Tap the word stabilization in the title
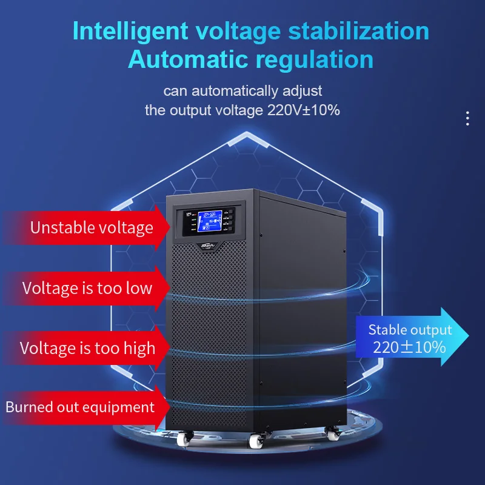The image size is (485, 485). [x=357, y=31]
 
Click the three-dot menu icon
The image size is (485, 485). [x=467, y=118]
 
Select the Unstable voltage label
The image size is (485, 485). [x=92, y=228]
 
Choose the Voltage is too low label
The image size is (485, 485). [x=87, y=287]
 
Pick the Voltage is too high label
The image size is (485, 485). [x=87, y=348]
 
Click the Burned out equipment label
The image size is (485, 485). [x=80, y=407]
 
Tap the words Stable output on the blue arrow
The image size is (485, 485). [x=410, y=330]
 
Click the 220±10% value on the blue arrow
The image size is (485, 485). [x=409, y=347]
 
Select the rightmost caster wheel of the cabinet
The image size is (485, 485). [x=332, y=435]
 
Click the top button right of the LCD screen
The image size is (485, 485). [x=230, y=213]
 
